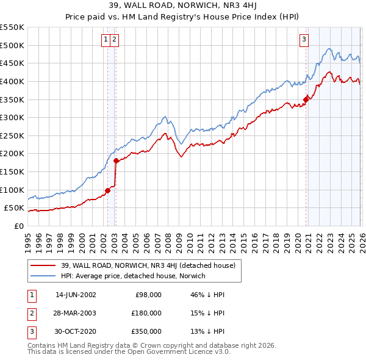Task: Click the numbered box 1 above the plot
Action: (106, 40)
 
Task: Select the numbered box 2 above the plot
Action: (115, 40)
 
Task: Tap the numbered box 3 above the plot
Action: (304, 40)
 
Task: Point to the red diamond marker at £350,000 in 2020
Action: (306, 99)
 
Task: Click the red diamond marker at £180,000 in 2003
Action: (116, 160)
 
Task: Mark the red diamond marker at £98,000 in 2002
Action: (107, 190)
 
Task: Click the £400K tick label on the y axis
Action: (12, 81)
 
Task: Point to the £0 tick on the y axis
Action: (18, 226)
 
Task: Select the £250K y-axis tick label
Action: (12, 135)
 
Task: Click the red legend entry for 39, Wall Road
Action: (151, 265)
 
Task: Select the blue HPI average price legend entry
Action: (133, 276)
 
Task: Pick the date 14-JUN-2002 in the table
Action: (76, 295)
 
